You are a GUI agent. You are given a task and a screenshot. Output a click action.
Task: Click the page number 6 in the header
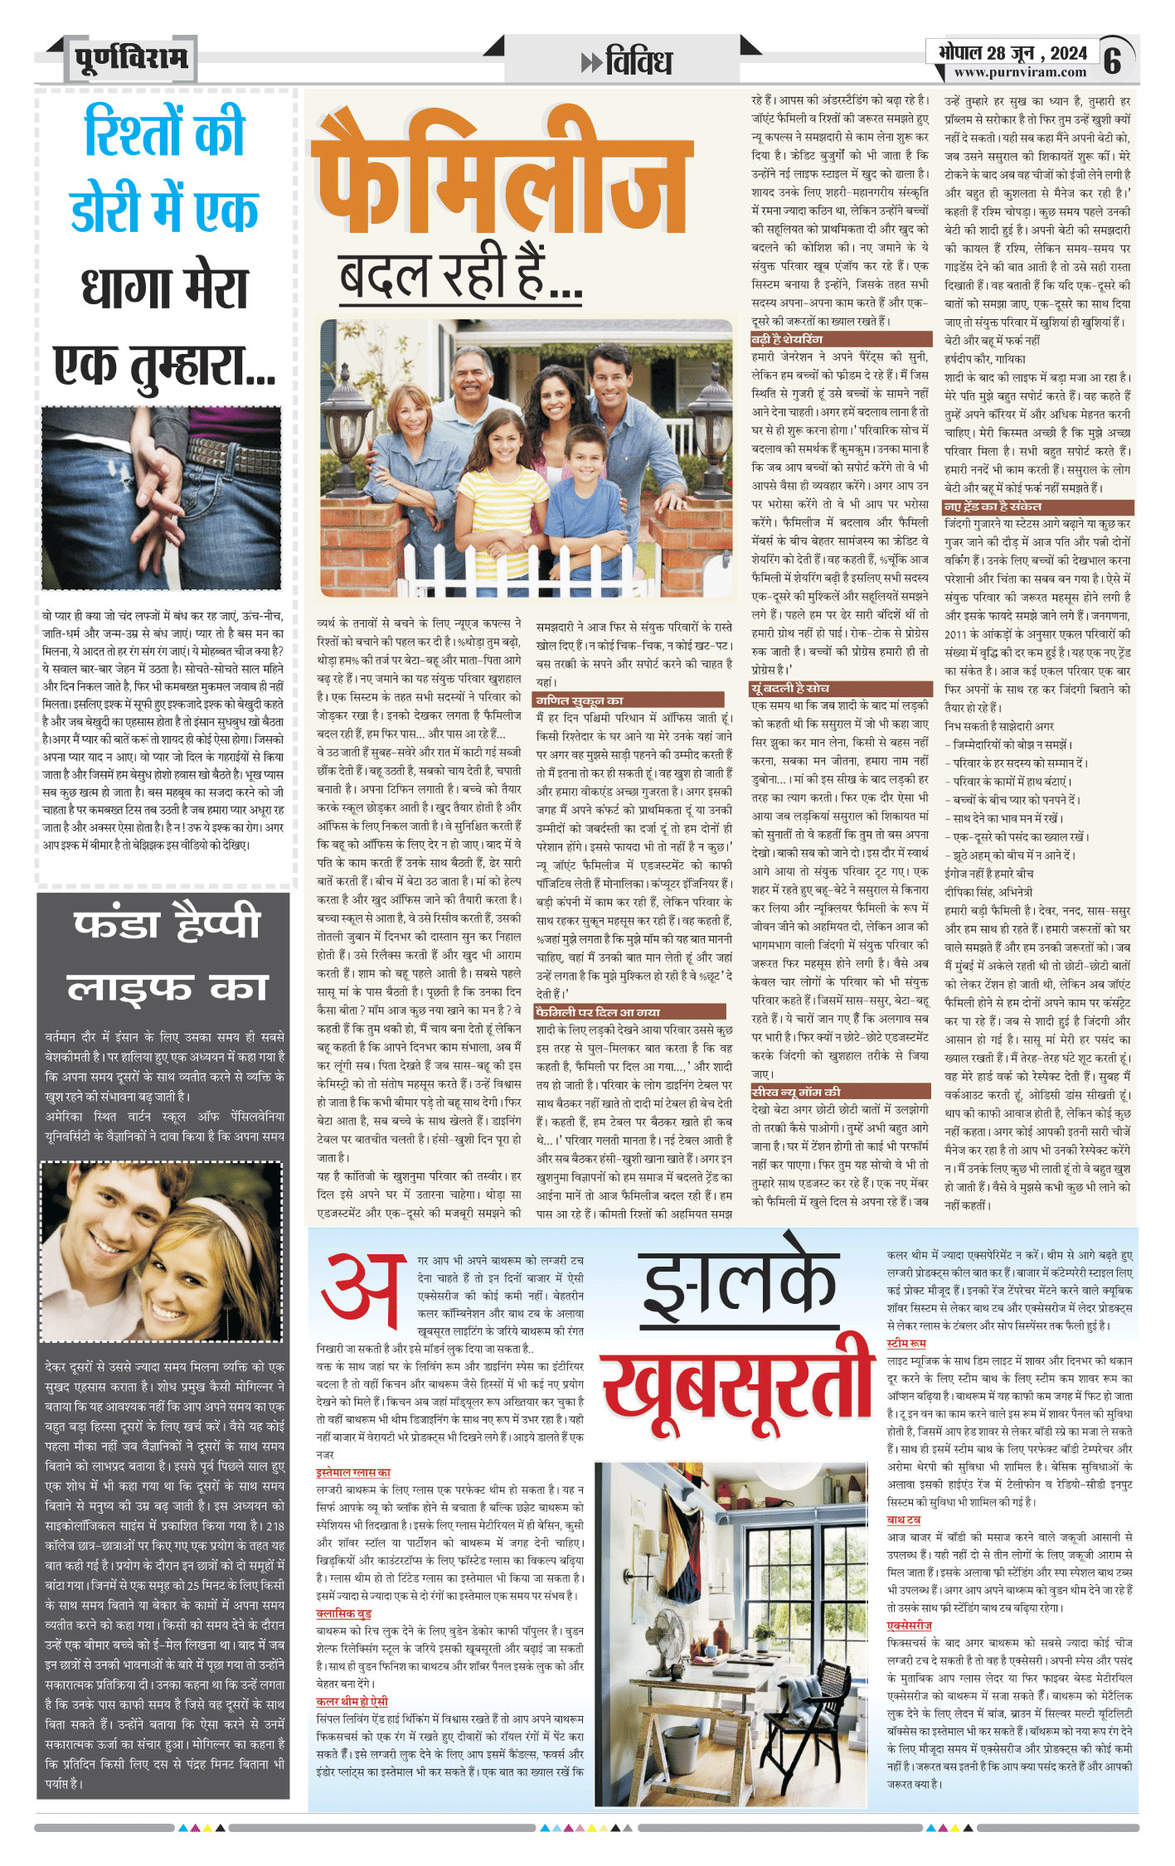[1113, 59]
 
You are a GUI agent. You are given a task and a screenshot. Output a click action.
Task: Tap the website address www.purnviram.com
[1020, 72]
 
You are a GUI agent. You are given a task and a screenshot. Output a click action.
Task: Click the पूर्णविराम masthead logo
[132, 58]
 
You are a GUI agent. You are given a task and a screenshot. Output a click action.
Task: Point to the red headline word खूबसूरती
[738, 1385]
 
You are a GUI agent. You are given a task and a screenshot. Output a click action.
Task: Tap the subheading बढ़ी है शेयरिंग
[787, 339]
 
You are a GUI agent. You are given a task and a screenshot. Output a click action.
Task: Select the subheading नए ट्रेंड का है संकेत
[993, 506]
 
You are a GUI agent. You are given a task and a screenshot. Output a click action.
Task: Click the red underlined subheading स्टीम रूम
[906, 1343]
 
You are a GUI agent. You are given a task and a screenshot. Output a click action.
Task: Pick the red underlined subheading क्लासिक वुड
[344, 1613]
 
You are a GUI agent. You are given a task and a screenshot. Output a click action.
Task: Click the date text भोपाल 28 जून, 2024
[1012, 53]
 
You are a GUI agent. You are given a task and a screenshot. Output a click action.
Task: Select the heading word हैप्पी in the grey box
[216, 923]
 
